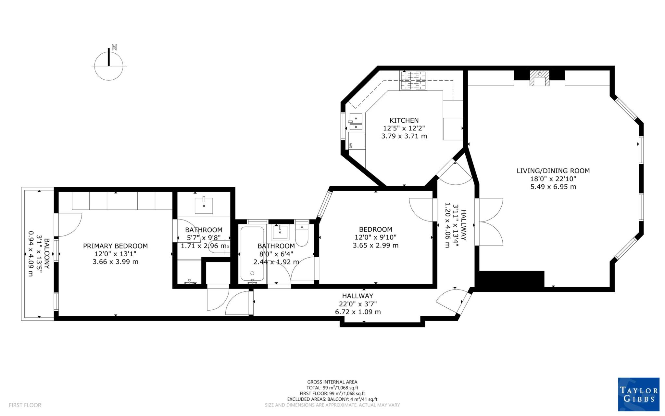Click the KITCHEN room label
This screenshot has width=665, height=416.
point(404,120)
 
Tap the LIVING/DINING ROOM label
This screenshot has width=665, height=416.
point(553,171)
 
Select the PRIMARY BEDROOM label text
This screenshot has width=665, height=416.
point(115,246)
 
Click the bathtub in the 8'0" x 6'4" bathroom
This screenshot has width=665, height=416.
point(252,254)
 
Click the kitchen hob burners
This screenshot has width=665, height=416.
point(413,81)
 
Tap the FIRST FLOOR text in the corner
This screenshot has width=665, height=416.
point(25,405)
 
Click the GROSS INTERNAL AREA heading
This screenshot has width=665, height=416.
point(332,382)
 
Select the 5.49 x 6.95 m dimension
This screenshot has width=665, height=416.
point(553,187)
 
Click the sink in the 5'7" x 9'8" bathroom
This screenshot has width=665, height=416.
point(204,205)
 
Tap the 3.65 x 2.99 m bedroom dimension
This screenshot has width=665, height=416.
point(375,246)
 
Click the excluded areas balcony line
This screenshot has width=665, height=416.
point(332,399)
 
